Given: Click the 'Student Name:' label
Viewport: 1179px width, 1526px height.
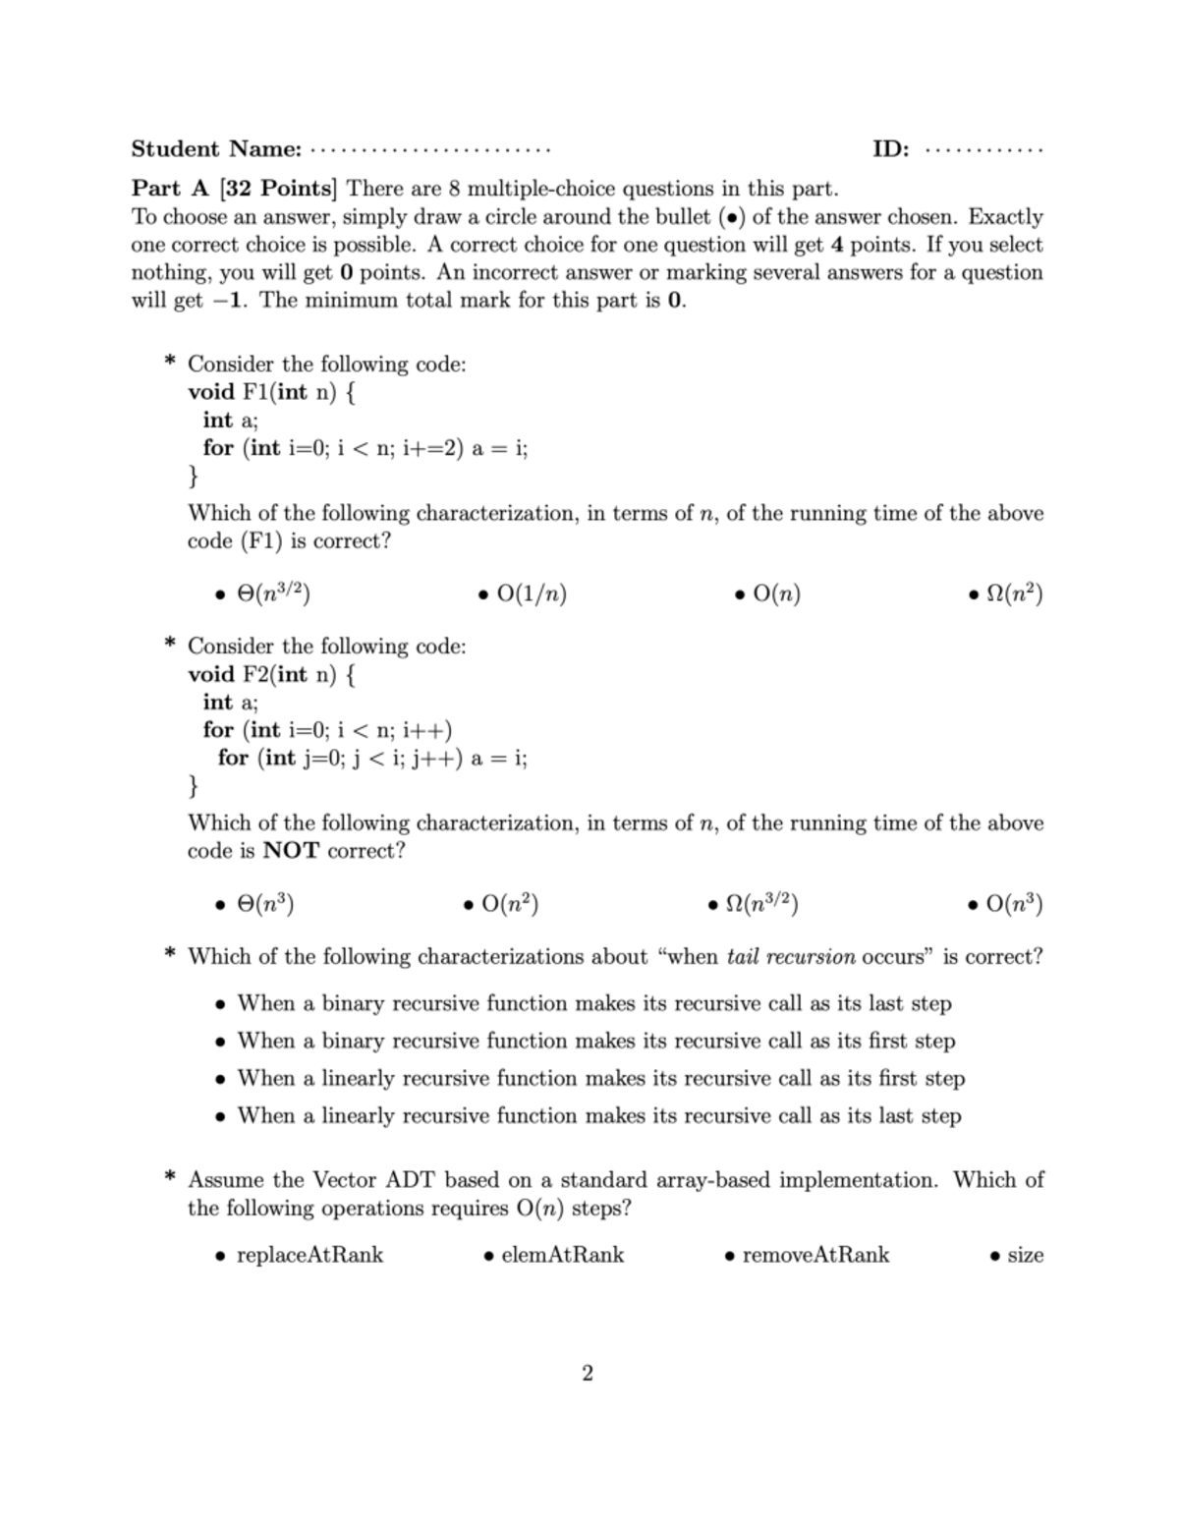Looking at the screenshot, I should coord(216,149).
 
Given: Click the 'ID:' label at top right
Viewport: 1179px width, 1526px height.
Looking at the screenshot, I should coord(890,149).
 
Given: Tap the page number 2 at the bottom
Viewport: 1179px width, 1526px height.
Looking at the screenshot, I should coord(588,1373).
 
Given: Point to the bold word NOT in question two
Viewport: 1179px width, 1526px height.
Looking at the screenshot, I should coord(292,851).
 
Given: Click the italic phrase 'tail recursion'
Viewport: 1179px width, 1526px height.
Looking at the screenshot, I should coord(791,957).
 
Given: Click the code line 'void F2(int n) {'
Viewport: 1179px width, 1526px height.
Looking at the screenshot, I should coord(273,674).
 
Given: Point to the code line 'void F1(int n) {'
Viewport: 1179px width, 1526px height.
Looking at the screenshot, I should coord(273,392).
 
